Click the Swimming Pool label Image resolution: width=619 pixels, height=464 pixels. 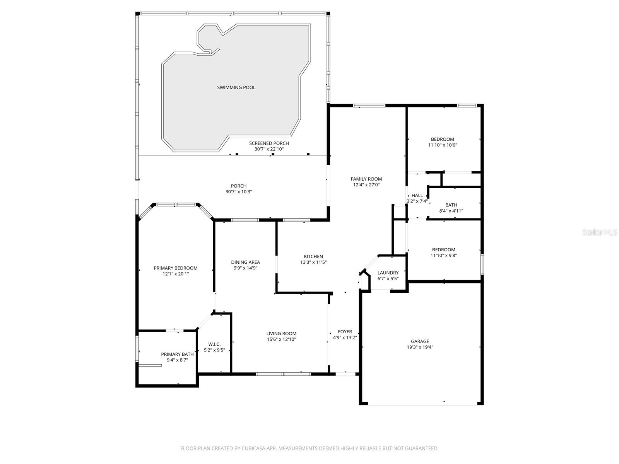coord(236,87)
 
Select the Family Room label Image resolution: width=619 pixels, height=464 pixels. coord(366,179)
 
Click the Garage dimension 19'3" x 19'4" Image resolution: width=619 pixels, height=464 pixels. coord(420,347)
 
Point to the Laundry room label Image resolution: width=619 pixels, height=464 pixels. coord(388,273)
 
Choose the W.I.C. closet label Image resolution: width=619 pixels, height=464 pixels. coord(214,344)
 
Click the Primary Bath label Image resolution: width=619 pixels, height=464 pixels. coord(177,354)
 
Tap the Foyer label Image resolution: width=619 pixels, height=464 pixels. coord(345,332)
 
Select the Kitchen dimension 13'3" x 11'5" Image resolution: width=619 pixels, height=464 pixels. coord(313,263)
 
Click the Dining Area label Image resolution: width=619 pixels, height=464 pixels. coord(245,262)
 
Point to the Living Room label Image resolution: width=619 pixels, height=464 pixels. coord(281,333)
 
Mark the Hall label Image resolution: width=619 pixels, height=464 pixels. coord(417,195)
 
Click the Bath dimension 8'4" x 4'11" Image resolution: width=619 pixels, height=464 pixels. coord(451,211)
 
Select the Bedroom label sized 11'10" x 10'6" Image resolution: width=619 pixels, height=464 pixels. coord(443,139)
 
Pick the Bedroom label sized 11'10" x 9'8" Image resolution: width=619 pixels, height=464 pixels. coord(443,249)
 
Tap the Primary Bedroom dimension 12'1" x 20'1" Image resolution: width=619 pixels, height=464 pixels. coord(176,274)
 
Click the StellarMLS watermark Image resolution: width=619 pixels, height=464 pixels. coord(600,232)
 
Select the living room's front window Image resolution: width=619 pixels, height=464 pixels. coord(283,374)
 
